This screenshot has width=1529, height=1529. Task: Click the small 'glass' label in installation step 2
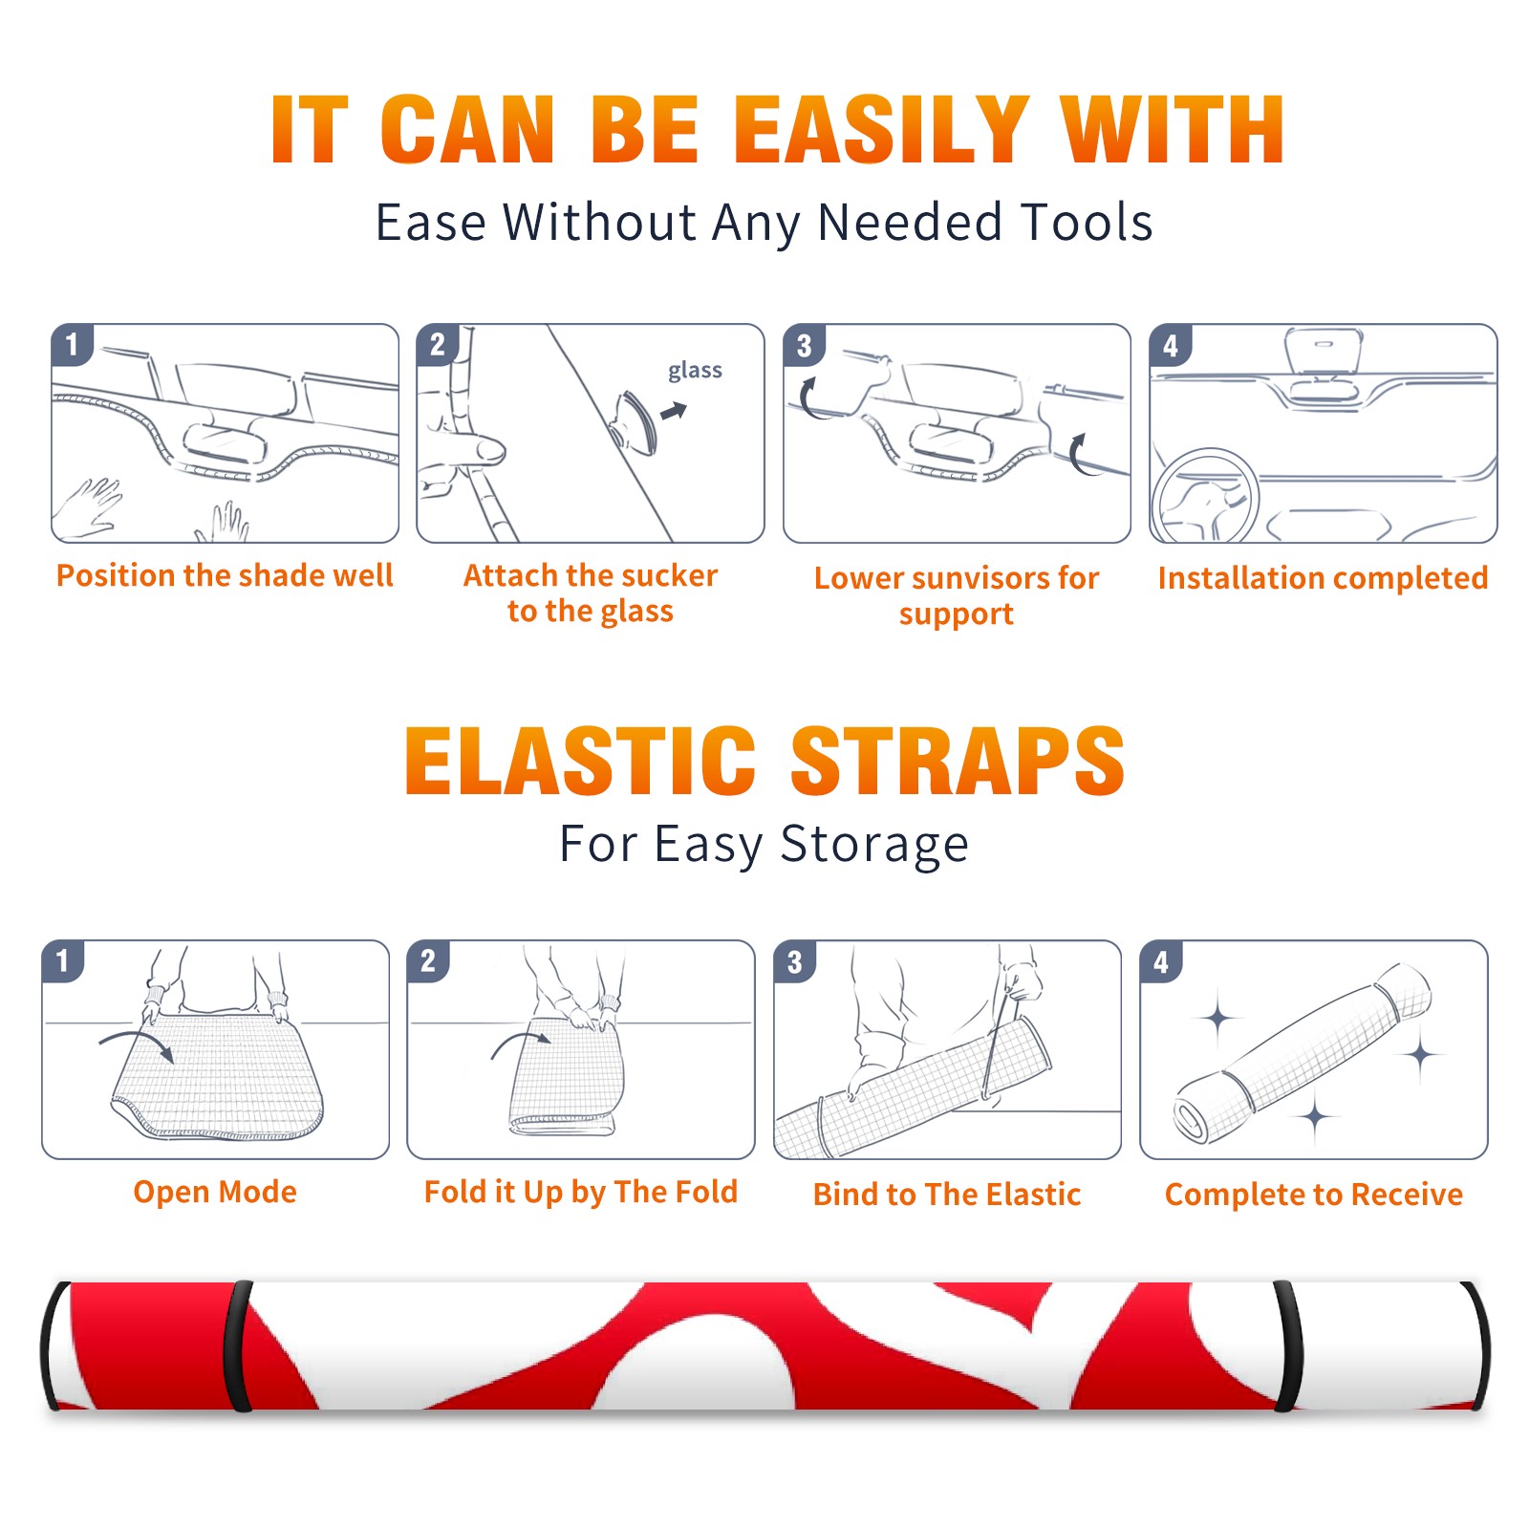[x=695, y=371]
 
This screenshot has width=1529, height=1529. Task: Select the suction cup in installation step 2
[x=634, y=421]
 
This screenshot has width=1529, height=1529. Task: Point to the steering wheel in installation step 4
[x=1205, y=496]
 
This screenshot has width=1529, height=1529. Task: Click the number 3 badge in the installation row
[x=804, y=346]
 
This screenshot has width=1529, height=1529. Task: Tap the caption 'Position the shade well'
[x=225, y=575]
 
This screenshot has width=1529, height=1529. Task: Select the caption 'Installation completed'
[x=1323, y=578]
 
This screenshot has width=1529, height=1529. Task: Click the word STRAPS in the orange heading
[x=958, y=761]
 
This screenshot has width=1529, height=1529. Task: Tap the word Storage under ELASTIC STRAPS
[x=874, y=845]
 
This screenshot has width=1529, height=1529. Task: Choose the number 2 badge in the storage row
[x=428, y=960]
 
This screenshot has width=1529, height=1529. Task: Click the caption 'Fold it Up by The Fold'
[x=581, y=1192]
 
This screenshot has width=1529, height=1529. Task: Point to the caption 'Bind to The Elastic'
[x=947, y=1195]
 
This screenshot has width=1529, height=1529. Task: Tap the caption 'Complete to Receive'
[x=1314, y=1195]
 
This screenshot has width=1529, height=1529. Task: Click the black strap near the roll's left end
[x=238, y=1346]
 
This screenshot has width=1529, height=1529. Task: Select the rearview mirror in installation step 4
[x=1324, y=350]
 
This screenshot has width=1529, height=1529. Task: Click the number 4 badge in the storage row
[x=1161, y=960]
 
